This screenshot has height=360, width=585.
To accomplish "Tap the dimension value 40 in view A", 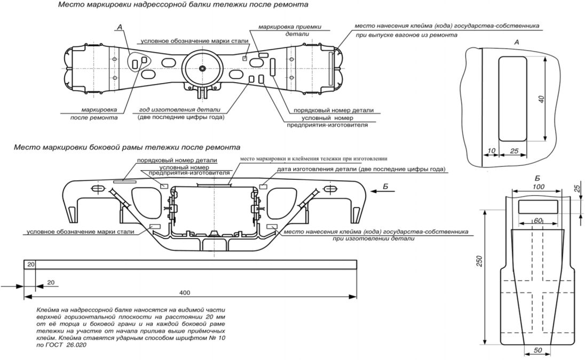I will point(541,99).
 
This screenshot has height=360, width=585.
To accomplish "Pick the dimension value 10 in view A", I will point(492,151).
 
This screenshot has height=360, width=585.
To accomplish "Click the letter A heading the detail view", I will point(516,42).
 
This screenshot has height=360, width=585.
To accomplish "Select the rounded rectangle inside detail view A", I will point(512,99).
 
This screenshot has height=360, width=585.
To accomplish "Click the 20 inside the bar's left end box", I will point(30,265).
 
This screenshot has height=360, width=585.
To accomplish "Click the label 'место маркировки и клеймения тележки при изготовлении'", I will point(313,158).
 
